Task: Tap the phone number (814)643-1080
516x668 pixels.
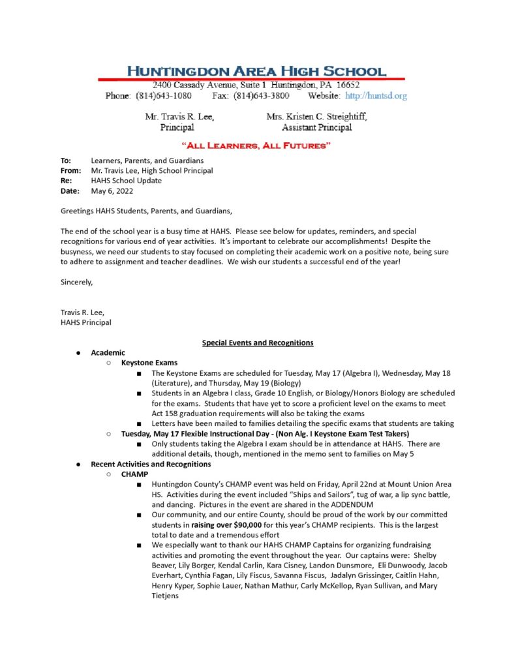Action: tap(164, 96)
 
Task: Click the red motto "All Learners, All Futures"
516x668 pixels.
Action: tap(256, 145)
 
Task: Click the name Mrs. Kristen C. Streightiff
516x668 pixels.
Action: tap(316, 117)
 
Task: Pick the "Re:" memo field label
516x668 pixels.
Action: tap(66, 181)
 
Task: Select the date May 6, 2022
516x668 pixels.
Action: tap(108, 191)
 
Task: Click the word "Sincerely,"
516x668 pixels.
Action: tap(77, 282)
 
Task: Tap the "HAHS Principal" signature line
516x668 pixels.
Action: tap(86, 322)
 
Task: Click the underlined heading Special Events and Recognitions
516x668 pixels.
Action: tap(258, 342)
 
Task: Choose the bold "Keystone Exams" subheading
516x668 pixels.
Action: tap(149, 363)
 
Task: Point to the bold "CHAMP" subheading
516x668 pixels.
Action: tap(134, 474)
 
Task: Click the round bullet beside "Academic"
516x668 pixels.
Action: tap(78, 353)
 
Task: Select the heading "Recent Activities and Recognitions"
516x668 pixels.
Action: tap(151, 464)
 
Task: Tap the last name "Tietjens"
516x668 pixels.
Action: tap(170, 596)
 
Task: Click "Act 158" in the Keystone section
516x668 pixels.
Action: tap(165, 414)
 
